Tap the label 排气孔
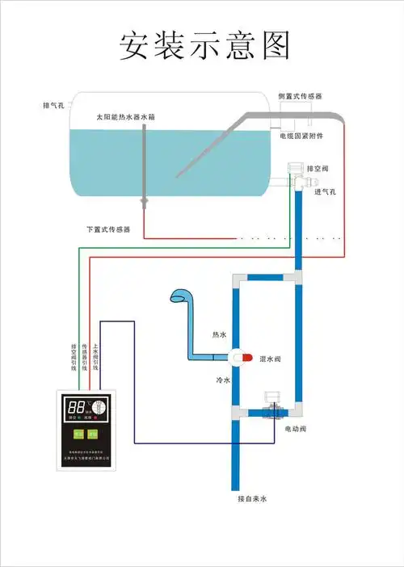(54, 105)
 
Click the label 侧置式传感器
(301, 96)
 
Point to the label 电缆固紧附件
(301, 136)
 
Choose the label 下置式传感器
(108, 229)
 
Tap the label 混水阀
(269, 359)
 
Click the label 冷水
(223, 380)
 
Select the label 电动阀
(296, 428)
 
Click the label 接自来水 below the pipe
(251, 498)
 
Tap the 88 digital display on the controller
(78, 407)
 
